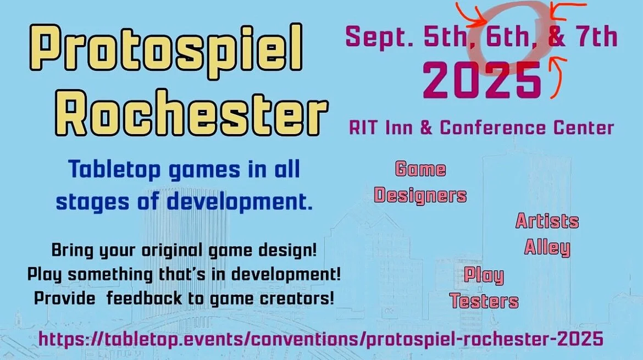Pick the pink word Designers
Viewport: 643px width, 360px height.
(420, 195)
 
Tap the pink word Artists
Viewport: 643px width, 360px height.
(546, 221)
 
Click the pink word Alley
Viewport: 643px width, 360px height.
(546, 247)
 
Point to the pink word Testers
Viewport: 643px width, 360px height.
(484, 301)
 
